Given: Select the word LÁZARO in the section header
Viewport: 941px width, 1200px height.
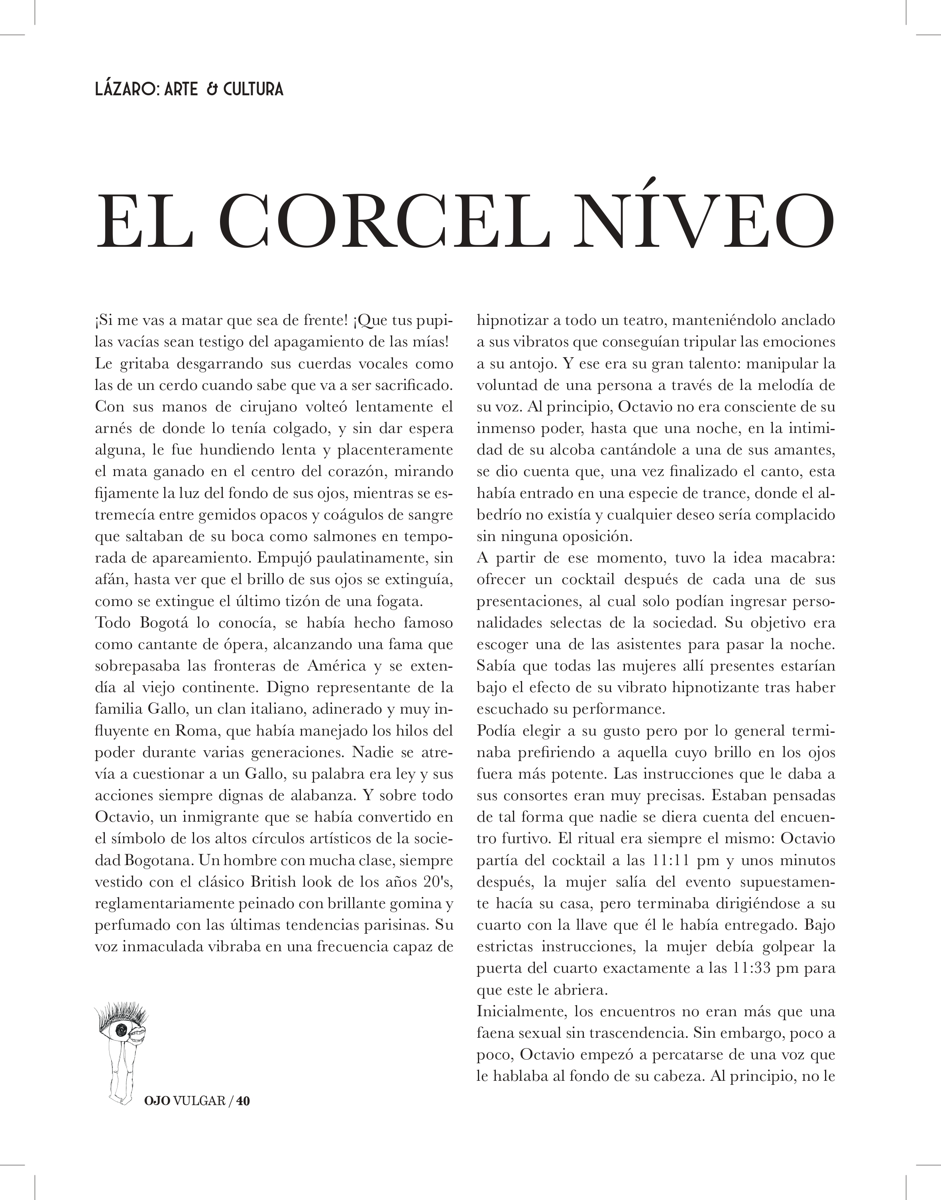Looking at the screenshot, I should pyautogui.click(x=126, y=89).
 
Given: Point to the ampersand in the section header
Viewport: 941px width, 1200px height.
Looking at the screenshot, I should pyautogui.click(x=212, y=89).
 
